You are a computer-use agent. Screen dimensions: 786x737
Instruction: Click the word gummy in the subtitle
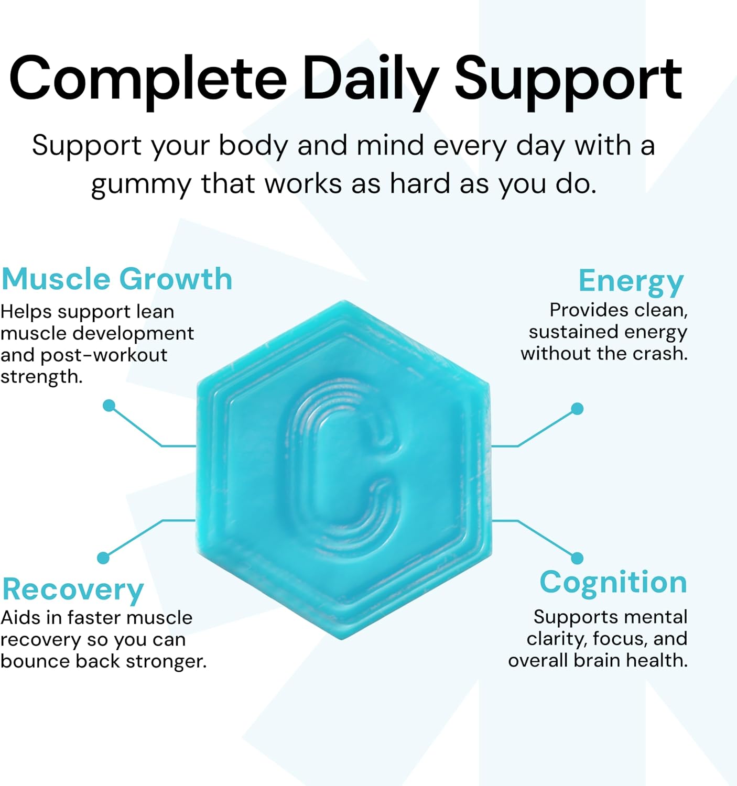(x=141, y=185)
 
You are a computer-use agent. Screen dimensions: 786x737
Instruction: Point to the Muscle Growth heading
(x=117, y=279)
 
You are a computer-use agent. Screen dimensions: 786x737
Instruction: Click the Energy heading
(x=631, y=281)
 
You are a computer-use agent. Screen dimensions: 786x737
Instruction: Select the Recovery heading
(x=73, y=589)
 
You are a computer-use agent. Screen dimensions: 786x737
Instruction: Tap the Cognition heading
(x=613, y=582)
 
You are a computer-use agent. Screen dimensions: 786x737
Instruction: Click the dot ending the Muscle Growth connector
(x=109, y=406)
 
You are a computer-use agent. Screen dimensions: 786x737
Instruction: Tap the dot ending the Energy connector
(x=577, y=409)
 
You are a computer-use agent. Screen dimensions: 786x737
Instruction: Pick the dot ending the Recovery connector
(x=103, y=558)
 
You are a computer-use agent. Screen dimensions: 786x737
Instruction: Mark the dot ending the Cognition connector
(x=577, y=558)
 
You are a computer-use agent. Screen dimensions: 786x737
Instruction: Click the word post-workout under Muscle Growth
(x=104, y=355)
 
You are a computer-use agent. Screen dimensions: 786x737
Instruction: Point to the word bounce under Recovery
(x=36, y=661)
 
